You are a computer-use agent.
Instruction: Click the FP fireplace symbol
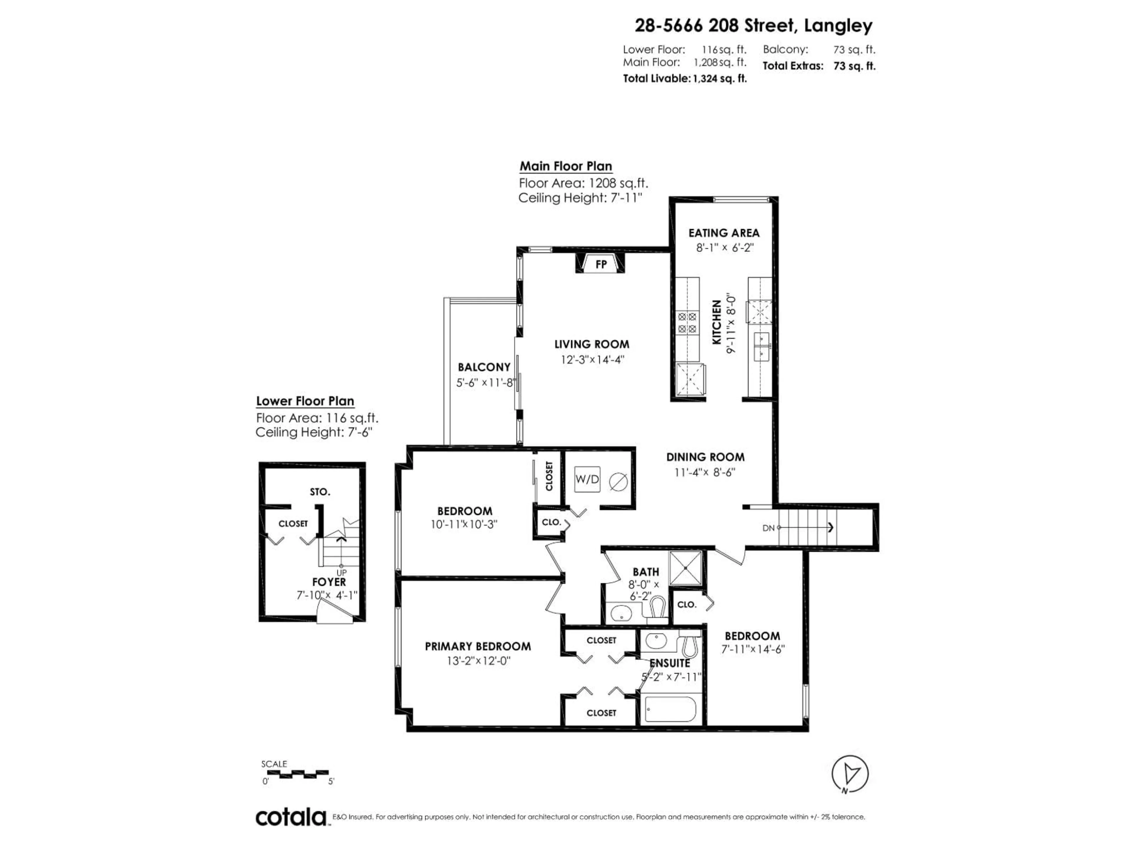point(601,264)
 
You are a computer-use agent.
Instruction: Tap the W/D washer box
point(587,479)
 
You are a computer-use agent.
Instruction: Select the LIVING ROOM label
point(592,344)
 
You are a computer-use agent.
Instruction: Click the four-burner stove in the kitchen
point(687,323)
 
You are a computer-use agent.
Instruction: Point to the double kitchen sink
point(761,347)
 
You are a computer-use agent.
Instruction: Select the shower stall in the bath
point(685,568)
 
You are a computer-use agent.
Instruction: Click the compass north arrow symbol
point(850,774)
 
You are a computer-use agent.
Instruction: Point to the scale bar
point(295,773)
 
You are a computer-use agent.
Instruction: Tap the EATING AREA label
point(724,233)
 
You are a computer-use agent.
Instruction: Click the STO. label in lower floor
point(320,492)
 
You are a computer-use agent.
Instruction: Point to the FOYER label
point(329,582)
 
